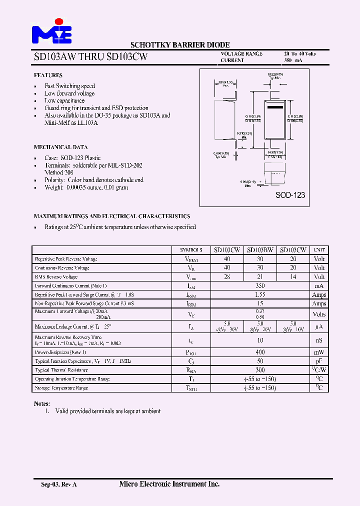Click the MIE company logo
tap(52, 31)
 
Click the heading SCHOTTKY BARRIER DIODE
tap(180, 45)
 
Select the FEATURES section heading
tap(48, 75)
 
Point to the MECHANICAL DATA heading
tap(60, 147)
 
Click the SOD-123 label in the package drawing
tap(290, 195)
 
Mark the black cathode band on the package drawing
tap(275, 107)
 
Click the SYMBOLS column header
tap(191, 250)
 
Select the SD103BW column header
tap(260, 250)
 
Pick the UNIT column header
tap(319, 250)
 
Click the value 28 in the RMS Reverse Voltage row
tap(227, 276)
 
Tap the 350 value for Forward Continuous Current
tap(260, 285)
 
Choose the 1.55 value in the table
tap(260, 294)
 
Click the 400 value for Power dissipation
tap(260, 352)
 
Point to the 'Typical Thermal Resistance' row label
tap(61, 370)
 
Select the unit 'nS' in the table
tap(319, 340)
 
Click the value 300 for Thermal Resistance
tap(260, 370)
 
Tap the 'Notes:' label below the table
tap(42, 403)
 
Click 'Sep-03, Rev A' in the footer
tap(58, 484)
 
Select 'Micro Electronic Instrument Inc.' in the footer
tap(169, 484)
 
